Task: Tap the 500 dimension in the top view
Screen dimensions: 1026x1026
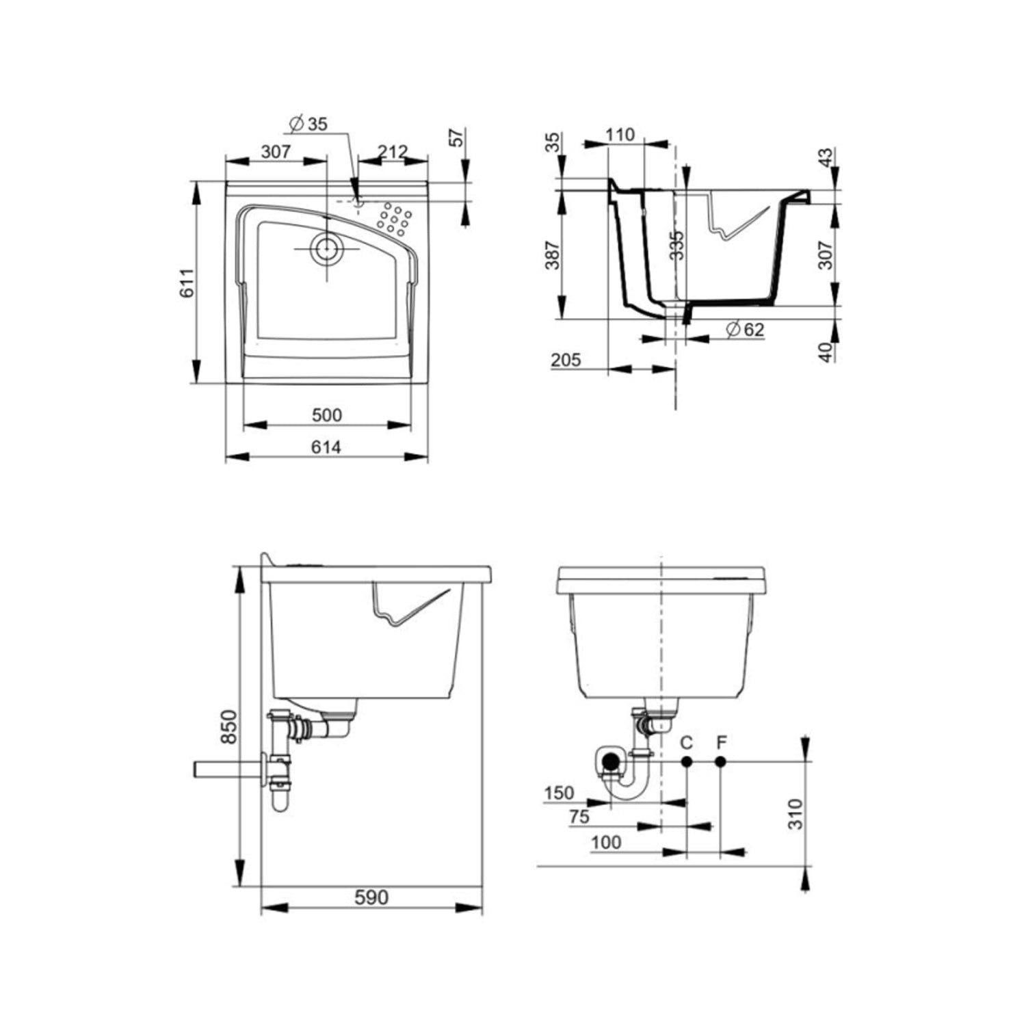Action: point(326,415)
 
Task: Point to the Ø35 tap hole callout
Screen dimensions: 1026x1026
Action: point(308,124)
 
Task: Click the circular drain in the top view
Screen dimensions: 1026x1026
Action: point(326,249)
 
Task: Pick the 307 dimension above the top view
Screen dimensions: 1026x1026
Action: point(276,151)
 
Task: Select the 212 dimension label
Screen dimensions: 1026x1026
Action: point(393,151)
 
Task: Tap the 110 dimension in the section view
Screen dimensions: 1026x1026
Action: point(620,135)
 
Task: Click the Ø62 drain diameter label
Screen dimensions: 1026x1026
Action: point(745,330)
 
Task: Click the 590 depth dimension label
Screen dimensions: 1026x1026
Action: point(371,897)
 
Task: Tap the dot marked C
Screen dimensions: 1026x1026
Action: point(687,761)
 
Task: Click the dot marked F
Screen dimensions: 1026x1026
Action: point(720,761)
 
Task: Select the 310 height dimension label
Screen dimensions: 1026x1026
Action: point(795,813)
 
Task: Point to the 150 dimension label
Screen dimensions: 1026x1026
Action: point(559,793)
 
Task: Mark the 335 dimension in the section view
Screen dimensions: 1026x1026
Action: point(676,245)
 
